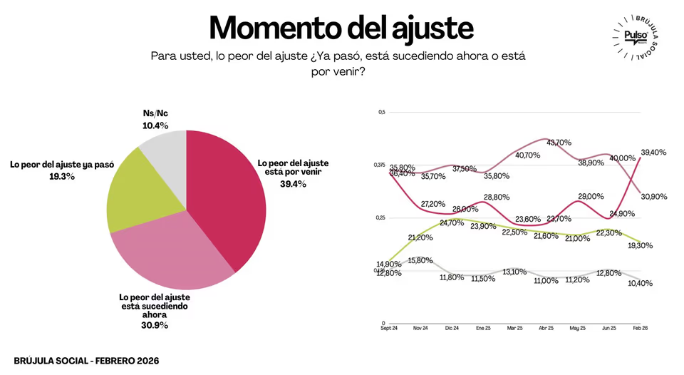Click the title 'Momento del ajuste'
click(x=341, y=27)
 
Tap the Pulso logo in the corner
click(x=633, y=36)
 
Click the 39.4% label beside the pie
click(x=293, y=183)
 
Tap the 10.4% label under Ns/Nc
click(x=155, y=125)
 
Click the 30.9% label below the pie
click(x=154, y=325)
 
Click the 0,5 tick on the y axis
click(x=381, y=113)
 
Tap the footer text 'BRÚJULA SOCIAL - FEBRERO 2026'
click(x=86, y=361)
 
